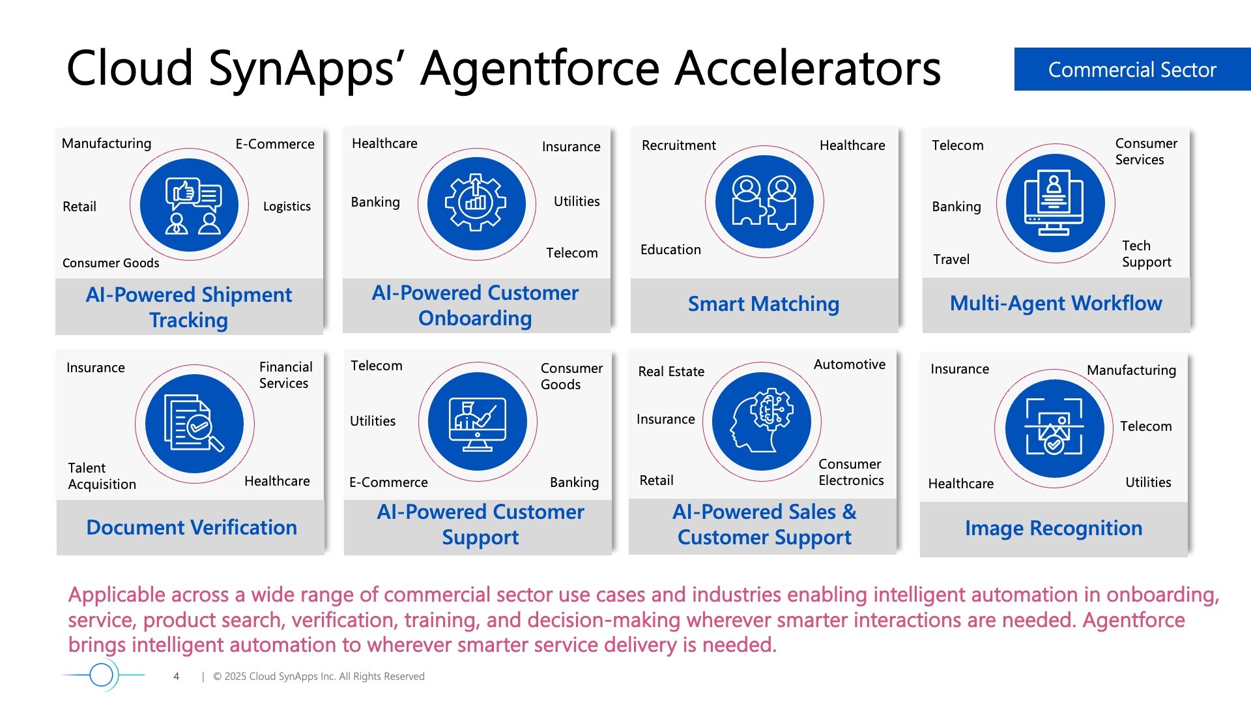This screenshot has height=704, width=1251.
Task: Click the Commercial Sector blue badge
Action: click(x=1132, y=69)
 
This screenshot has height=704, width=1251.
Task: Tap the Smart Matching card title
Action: click(x=764, y=304)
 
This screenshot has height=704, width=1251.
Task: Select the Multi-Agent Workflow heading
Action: click(x=1056, y=303)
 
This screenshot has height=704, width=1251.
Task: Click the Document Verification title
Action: click(x=192, y=527)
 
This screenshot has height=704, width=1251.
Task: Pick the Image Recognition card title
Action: click(x=1054, y=528)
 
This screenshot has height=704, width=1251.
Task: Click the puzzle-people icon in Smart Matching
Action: click(x=764, y=202)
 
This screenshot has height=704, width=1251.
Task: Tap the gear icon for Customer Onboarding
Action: click(x=476, y=203)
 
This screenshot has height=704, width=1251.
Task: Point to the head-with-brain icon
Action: click(x=762, y=421)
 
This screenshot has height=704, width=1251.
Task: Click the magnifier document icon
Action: click(x=194, y=424)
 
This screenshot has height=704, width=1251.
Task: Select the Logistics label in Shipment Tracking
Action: click(x=287, y=207)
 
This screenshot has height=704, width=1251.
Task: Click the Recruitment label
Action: click(x=678, y=145)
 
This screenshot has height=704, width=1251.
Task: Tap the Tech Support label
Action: click(x=1146, y=254)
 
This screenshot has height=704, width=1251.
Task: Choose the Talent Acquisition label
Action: click(x=102, y=476)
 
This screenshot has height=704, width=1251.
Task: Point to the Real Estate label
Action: click(x=671, y=372)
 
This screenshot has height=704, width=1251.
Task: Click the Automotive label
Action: click(x=850, y=364)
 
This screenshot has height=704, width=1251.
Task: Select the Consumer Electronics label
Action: click(x=851, y=472)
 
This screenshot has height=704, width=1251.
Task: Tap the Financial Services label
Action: click(x=285, y=375)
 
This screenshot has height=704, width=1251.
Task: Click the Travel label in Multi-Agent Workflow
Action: click(x=951, y=259)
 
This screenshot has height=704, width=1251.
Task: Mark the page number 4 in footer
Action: click(x=176, y=677)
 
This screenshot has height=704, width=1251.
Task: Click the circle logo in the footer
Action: click(x=102, y=675)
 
